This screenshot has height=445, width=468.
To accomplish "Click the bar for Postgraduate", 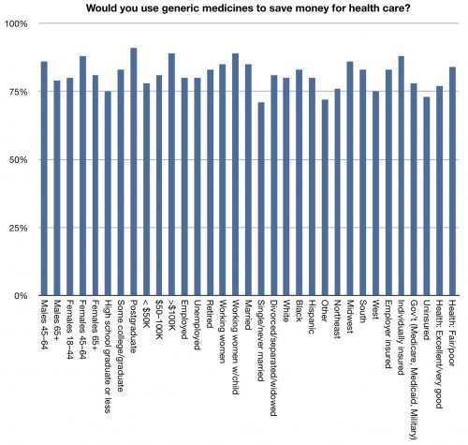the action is (x=133, y=171).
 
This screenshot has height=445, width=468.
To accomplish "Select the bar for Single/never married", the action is (x=261, y=199).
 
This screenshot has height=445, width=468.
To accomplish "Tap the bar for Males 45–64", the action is (x=44, y=179).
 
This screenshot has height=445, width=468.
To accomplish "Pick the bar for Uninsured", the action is (x=427, y=196).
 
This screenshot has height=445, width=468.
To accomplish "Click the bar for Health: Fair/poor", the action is (x=452, y=182).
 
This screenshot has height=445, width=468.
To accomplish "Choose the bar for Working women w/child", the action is (x=235, y=174).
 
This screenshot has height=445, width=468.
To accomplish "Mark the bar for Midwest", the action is (x=350, y=179).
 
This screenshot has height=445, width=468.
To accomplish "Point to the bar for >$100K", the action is (x=171, y=174).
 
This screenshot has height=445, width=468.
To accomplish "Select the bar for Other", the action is (x=325, y=198).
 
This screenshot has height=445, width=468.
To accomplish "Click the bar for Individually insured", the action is (x=401, y=176).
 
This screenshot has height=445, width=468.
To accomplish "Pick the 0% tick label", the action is (x=21, y=296).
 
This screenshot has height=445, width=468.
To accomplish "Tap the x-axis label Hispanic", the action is (x=311, y=317).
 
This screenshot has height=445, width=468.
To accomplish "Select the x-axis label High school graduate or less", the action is (x=108, y=356).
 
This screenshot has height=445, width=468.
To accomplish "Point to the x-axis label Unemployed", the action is (x=197, y=325).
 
